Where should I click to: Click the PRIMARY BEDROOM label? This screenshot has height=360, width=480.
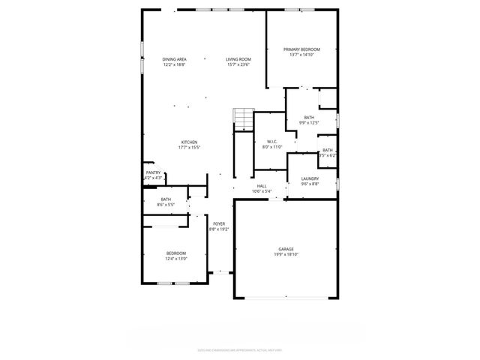(x=301, y=49)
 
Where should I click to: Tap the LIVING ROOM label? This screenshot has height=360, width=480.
(x=238, y=59)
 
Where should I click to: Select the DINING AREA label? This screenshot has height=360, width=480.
(x=174, y=59)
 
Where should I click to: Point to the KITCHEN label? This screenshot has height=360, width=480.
(x=188, y=142)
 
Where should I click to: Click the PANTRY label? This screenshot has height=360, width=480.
(x=153, y=172)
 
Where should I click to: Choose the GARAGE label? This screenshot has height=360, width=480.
(x=286, y=249)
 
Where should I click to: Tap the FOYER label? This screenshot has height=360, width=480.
(x=219, y=223)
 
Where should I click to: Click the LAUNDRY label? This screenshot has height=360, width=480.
(x=310, y=178)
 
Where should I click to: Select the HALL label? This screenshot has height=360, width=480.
(x=262, y=185)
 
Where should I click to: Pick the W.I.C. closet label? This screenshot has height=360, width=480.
(x=271, y=142)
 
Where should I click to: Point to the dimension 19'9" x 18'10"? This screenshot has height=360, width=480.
(x=286, y=254)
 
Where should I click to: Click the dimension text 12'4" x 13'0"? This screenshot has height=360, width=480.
(x=176, y=259)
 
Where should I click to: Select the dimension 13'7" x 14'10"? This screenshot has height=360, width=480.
(x=301, y=55)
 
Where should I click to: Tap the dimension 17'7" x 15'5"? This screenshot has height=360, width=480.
(x=188, y=148)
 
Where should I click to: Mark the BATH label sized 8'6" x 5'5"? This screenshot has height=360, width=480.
(x=166, y=199)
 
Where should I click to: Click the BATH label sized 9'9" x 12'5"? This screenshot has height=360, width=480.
(x=309, y=117)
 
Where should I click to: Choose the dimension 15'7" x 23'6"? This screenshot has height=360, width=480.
(x=238, y=64)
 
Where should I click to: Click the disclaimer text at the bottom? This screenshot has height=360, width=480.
(x=239, y=349)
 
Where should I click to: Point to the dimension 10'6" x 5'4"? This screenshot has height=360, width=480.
(x=262, y=190)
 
